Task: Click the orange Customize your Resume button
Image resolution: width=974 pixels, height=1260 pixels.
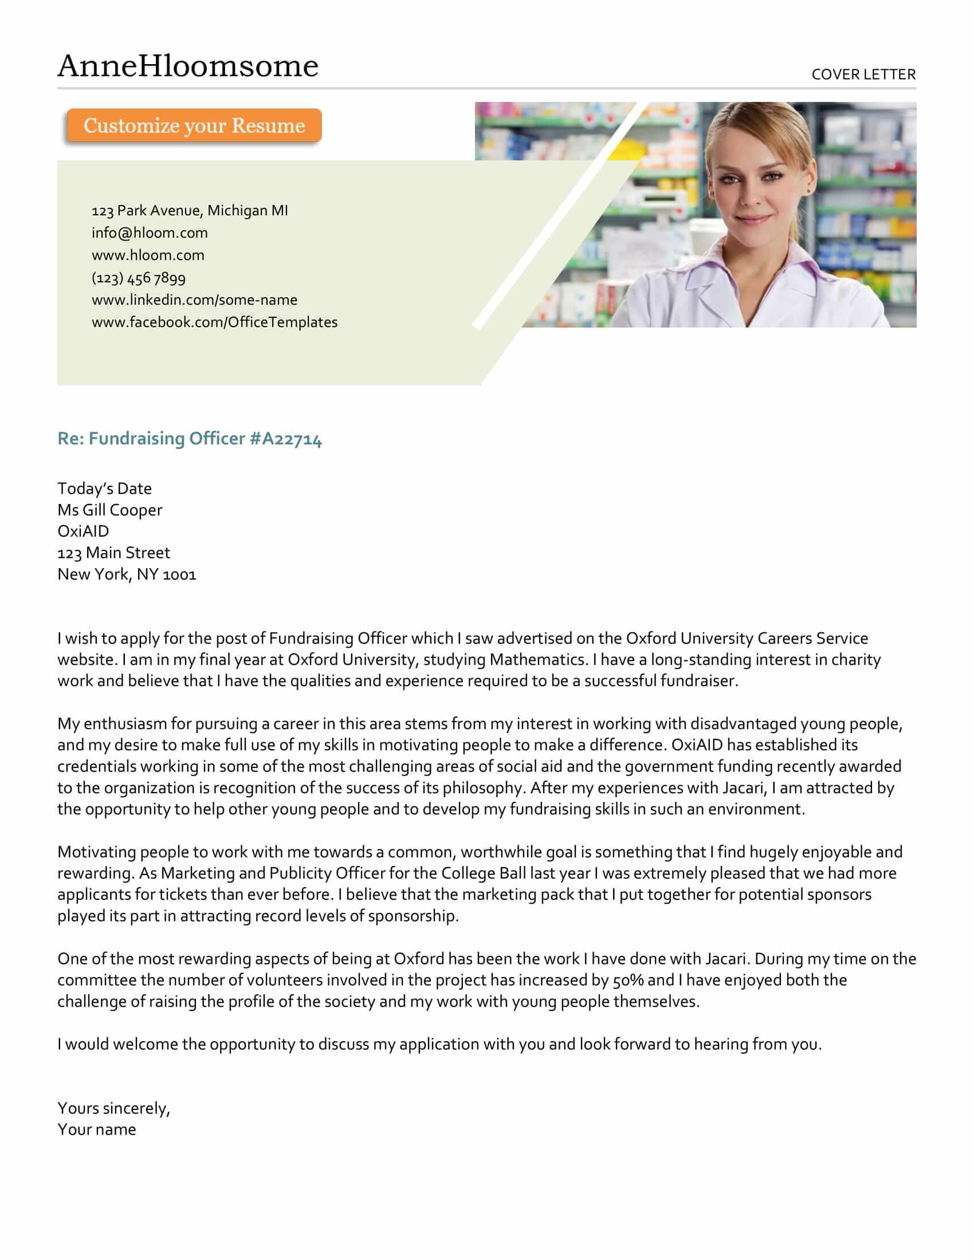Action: pos(194,125)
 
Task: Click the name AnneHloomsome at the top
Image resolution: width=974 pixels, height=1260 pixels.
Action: pos(187,66)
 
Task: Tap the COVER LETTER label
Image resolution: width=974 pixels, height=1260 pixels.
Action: pos(863,74)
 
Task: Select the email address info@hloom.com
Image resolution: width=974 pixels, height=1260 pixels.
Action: pos(150,233)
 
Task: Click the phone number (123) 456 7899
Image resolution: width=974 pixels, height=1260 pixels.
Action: pos(139,278)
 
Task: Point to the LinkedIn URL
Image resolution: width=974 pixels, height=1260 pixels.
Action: pos(194,300)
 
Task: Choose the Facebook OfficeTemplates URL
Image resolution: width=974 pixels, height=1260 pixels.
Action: pos(214,322)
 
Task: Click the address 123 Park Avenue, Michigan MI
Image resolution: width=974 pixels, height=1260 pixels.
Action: pos(189,211)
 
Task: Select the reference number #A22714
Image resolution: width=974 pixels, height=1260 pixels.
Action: pos(286,439)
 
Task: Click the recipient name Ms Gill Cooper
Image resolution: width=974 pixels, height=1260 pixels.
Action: pos(109,510)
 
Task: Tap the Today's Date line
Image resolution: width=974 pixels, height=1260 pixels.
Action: pos(104,489)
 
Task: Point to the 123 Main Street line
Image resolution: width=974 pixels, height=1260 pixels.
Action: pos(113,553)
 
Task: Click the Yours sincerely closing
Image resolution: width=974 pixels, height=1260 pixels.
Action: pos(113,1108)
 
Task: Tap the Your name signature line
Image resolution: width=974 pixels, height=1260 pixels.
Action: pos(97,1129)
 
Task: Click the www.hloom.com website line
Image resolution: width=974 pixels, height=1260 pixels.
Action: pos(148,255)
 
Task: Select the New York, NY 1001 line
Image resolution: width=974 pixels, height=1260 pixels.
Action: pos(127,574)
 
